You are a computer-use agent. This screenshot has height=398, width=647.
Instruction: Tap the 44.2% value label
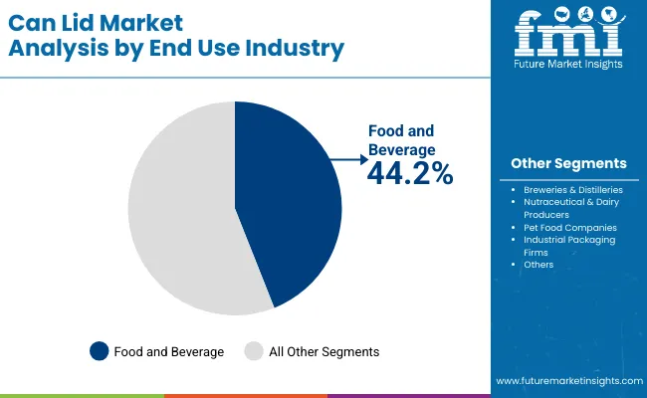click(410, 174)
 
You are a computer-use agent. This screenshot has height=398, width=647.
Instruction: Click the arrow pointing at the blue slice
click(350, 158)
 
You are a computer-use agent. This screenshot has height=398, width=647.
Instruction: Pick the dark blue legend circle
click(99, 351)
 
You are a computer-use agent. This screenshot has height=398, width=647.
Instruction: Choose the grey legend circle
click(254, 351)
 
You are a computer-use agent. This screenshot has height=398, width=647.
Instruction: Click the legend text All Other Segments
click(323, 351)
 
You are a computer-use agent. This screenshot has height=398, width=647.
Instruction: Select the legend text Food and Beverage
click(168, 351)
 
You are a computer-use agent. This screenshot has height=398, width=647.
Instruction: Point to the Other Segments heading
click(568, 163)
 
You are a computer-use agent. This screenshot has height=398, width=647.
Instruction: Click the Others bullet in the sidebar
click(539, 265)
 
